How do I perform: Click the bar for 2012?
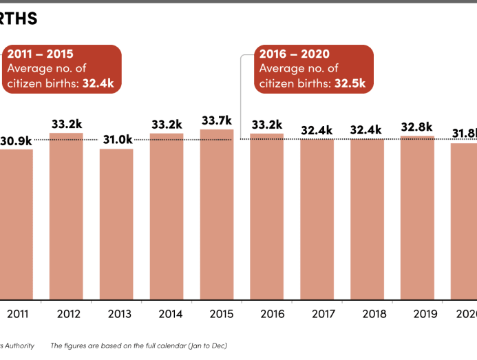(66, 216)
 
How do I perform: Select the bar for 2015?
(217, 214)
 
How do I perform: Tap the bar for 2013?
(116, 224)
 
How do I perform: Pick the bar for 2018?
(367, 219)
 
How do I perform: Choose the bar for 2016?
(267, 216)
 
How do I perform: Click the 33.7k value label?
(217, 120)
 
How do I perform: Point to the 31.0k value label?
(117, 140)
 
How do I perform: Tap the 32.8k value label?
(416, 127)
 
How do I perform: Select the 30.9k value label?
(17, 140)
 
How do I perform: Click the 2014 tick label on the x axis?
(170, 315)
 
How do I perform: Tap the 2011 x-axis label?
(19, 315)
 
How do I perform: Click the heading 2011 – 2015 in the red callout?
(40, 54)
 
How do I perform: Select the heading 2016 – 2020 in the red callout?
(294, 54)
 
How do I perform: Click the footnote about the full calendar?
(138, 346)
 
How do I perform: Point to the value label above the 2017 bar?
(317, 130)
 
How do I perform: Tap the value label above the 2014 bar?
(166, 125)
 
